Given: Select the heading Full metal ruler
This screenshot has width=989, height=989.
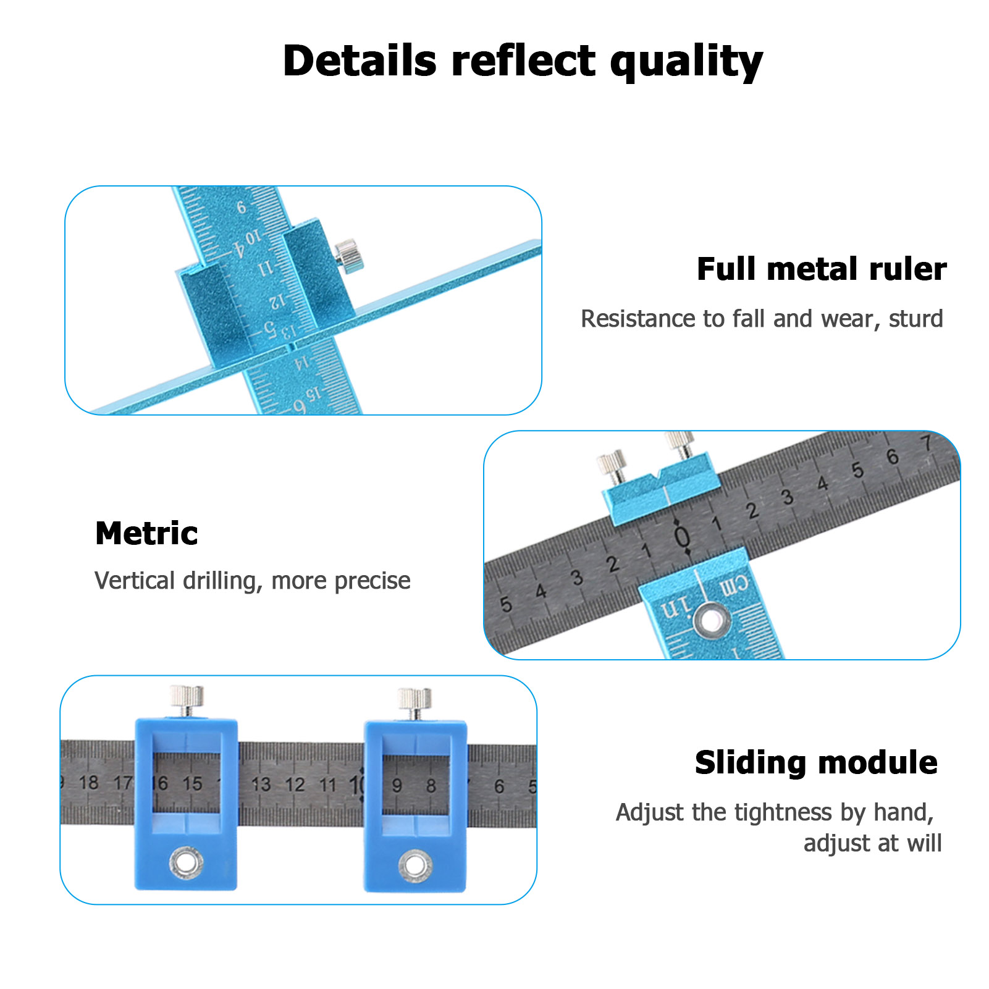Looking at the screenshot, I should pyautogui.click(x=821, y=269).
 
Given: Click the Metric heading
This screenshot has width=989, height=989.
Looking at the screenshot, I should pyautogui.click(x=146, y=533).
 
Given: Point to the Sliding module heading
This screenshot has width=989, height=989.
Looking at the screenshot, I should pyautogui.click(x=816, y=762).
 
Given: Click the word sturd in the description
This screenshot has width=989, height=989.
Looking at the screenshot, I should pyautogui.click(x=915, y=319).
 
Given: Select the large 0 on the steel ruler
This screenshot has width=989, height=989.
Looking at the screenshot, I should pyautogui.click(x=681, y=536).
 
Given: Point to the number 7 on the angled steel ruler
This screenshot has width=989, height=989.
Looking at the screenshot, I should pyautogui.click(x=925, y=442).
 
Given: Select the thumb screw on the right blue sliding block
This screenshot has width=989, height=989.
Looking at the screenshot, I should pyautogui.click(x=415, y=701).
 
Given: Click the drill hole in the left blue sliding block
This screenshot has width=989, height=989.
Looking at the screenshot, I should pyautogui.click(x=186, y=861).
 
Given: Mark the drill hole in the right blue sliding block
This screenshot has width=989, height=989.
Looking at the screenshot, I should pyautogui.click(x=415, y=864).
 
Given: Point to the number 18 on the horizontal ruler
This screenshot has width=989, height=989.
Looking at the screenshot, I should pyautogui.click(x=88, y=783).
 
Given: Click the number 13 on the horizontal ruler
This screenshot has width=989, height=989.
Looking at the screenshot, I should pyautogui.click(x=261, y=784).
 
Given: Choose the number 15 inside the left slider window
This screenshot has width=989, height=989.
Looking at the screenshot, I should pyautogui.click(x=192, y=783).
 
